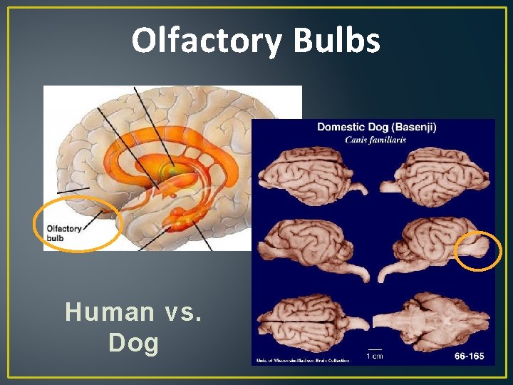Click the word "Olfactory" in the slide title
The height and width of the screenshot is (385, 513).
coord(207,41)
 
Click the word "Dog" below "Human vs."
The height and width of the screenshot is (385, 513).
coord(133,343)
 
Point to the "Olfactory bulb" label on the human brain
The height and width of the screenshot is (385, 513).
coord(63,232)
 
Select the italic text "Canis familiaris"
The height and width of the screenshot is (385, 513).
coord(375,140)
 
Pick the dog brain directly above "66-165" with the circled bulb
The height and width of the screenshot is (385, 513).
coord(435,246)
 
